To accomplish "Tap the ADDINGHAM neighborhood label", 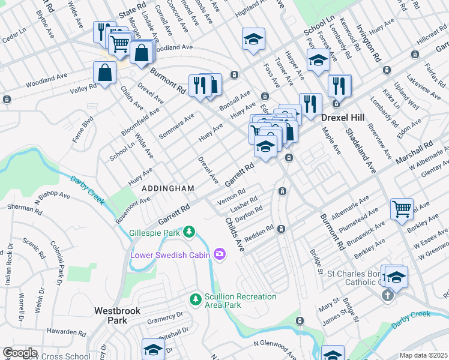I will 168,188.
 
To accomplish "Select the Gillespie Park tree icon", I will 190,231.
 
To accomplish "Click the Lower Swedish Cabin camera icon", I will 220,255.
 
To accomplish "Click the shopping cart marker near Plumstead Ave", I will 402,209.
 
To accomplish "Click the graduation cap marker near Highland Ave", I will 253,39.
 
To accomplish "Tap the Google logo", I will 20,353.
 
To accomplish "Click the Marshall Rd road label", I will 414,154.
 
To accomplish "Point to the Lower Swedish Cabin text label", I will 171,256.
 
